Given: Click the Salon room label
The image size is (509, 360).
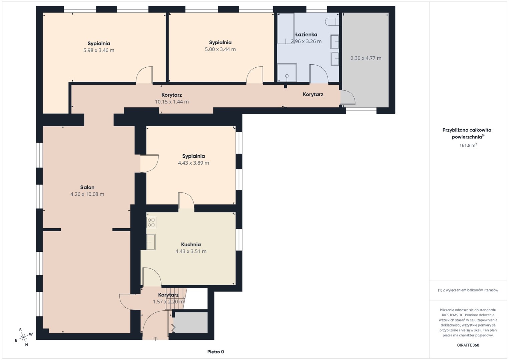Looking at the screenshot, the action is click(x=87, y=187).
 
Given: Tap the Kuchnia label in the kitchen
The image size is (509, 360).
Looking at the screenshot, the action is click(x=191, y=245).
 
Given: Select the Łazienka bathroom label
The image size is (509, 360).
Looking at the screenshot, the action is click(x=306, y=35).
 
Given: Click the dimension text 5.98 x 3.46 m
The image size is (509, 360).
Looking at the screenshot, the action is click(x=99, y=50).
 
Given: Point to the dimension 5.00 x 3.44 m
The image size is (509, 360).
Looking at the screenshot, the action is click(x=220, y=49).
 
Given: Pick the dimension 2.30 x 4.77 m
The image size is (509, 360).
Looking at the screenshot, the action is click(x=366, y=58).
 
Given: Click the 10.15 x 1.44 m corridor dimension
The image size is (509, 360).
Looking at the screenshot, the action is click(x=172, y=102).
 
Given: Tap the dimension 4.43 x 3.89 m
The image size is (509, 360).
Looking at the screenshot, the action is click(x=193, y=163).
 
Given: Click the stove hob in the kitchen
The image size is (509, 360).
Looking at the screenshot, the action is click(x=151, y=222).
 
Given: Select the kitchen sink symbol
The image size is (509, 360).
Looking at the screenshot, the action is click(x=151, y=242).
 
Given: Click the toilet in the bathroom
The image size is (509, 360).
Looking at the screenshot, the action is click(x=332, y=22).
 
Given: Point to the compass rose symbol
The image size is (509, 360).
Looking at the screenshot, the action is click(x=23, y=337).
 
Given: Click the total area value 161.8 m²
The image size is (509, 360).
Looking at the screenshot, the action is click(x=468, y=145).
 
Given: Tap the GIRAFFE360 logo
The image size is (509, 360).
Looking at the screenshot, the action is click(x=468, y=345).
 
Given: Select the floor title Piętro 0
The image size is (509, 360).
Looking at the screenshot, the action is click(x=216, y=352).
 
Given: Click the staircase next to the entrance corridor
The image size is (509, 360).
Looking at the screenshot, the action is click(x=175, y=298).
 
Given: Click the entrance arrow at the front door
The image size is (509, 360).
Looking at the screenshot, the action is click(x=155, y=339).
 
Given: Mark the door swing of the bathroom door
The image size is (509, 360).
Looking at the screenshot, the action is click(x=319, y=73).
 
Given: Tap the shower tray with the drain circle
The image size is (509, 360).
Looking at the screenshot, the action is click(x=287, y=72).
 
